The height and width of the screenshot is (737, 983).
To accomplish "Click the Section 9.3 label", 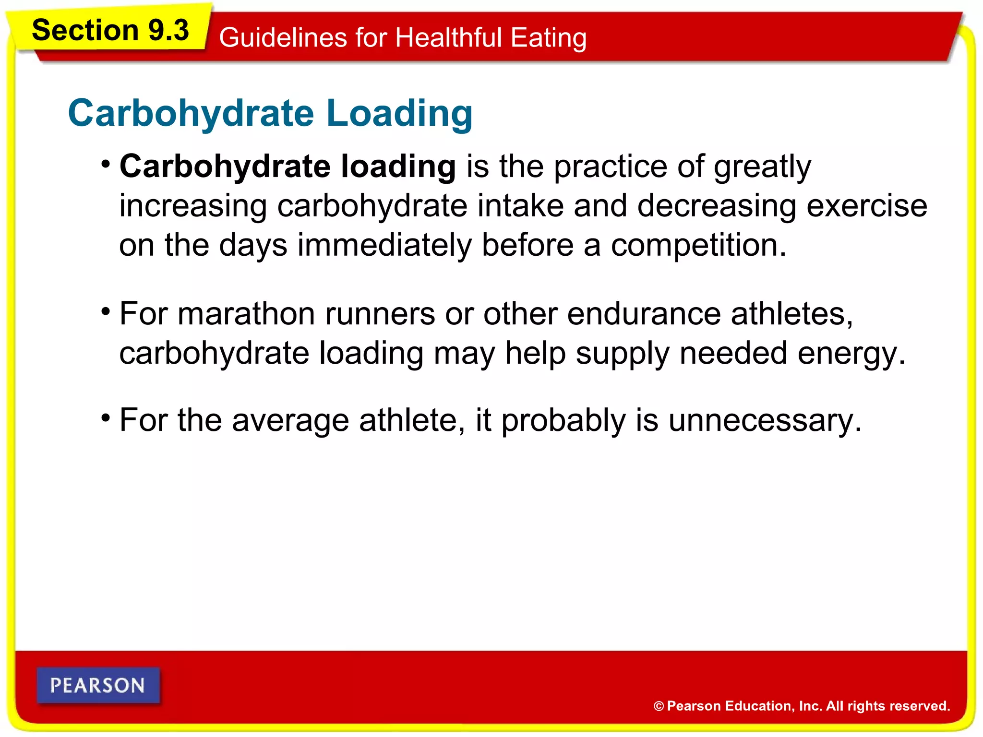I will [110, 30].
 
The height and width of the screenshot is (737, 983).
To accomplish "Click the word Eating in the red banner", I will [548, 38].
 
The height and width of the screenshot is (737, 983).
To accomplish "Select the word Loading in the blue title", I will [399, 113].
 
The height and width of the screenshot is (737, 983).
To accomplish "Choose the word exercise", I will [866, 206].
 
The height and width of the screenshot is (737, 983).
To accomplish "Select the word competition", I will [698, 245].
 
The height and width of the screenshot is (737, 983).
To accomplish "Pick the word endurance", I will [644, 314].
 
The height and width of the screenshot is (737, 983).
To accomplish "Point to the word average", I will [290, 420].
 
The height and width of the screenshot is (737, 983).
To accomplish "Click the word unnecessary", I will [765, 420].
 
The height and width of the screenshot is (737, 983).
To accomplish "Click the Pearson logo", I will [98, 685].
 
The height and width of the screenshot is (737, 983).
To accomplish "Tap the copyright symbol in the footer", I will [659, 706].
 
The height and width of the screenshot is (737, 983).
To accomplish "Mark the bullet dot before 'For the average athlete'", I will [106, 418].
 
